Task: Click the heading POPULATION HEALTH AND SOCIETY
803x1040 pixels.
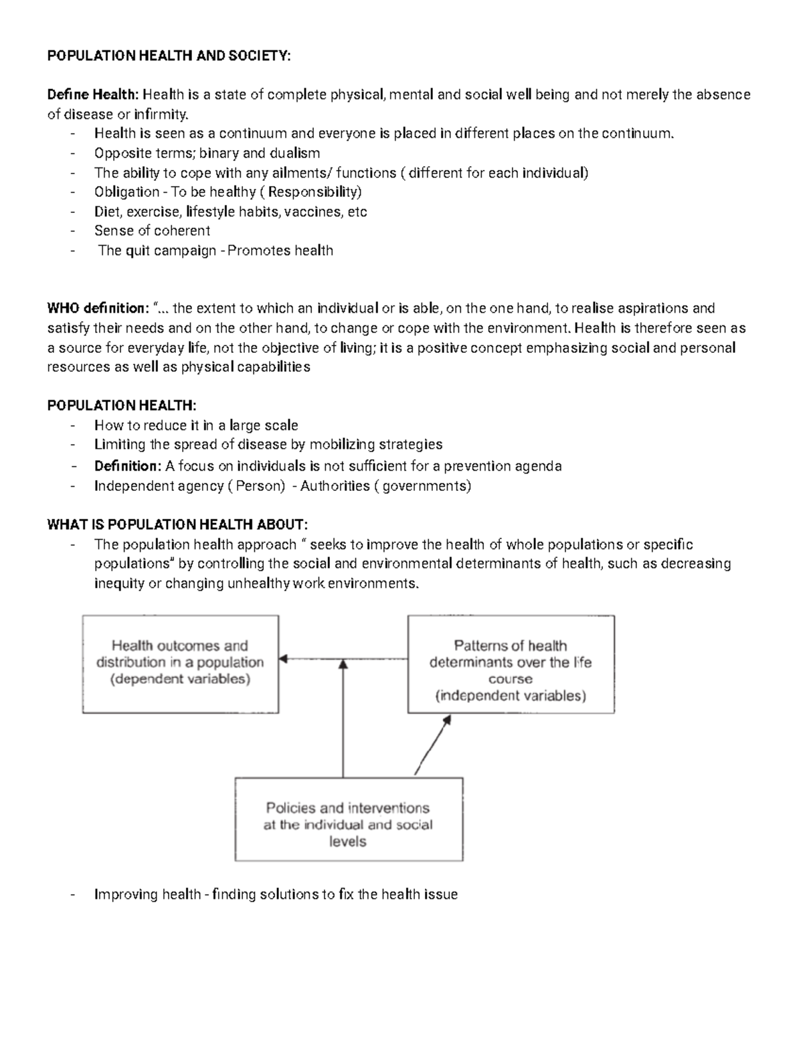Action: coord(169,56)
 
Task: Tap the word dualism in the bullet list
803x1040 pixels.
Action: coord(294,153)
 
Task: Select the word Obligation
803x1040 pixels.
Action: coord(126,192)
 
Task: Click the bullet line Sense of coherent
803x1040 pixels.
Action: coord(152,231)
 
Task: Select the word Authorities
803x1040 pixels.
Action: coord(335,486)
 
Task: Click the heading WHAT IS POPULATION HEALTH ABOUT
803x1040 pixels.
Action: coord(177,524)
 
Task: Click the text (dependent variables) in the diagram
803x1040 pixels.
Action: coord(180,679)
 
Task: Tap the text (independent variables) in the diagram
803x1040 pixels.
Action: coord(511,696)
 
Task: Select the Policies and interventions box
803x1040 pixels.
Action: coord(348,819)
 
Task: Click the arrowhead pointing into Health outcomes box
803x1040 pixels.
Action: coord(283,659)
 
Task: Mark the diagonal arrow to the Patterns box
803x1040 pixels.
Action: coord(432,745)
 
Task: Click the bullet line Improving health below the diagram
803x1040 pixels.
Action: coord(276,895)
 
